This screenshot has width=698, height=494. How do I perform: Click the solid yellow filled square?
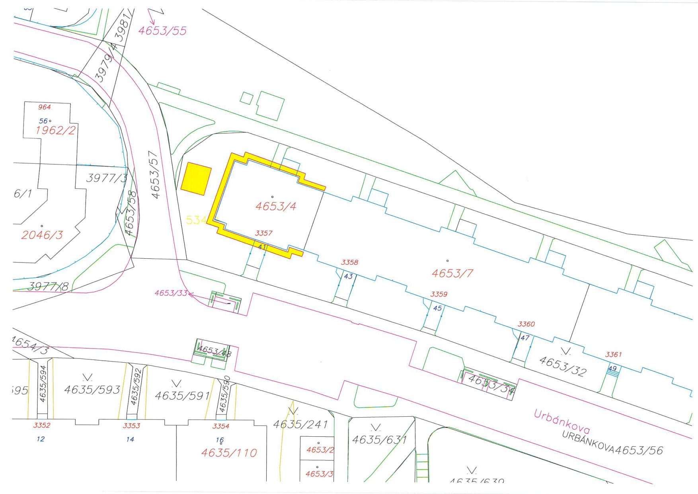coord(196,179)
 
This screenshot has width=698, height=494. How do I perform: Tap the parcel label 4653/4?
coord(276,206)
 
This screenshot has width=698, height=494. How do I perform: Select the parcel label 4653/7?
coord(452,273)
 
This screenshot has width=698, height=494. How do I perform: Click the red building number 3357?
coord(263,233)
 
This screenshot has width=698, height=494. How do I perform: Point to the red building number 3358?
coord(349,262)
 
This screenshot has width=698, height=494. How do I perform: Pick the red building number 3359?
coord(439,294)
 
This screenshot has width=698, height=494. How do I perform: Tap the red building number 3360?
coord(526,324)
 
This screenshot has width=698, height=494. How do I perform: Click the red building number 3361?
coord(613,354)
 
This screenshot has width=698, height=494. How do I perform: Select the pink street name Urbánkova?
coord(562,421)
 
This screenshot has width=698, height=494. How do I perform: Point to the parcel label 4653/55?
coord(162,31)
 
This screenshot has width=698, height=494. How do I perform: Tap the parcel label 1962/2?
coord(55,130)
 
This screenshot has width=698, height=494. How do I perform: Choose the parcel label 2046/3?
coord(42,235)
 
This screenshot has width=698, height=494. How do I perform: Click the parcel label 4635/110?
coord(229,453)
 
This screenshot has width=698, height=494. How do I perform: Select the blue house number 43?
coord(348,276)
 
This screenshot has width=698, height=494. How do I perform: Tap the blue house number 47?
coord(525,338)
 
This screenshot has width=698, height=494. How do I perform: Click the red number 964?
coord(45,107)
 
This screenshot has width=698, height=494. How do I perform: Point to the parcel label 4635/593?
coord(92,389)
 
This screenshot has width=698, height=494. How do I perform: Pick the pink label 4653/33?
coord(171,293)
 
